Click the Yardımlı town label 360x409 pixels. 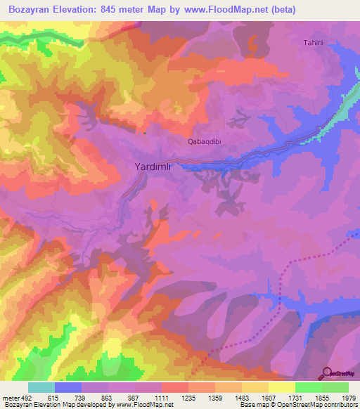153,168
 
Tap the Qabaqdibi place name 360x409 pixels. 205,141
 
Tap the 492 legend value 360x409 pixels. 26,397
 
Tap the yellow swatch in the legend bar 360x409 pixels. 282,387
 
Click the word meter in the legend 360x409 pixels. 10,397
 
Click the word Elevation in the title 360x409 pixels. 84,10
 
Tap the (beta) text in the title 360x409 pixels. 281,10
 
